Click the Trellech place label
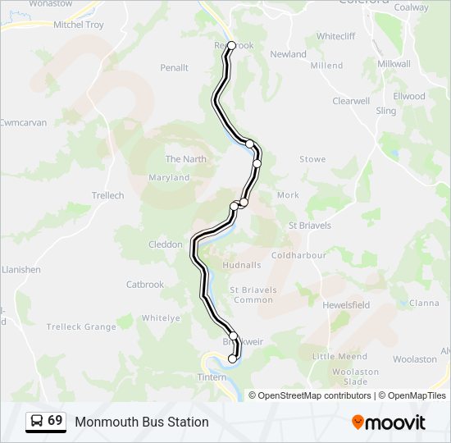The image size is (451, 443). coord(107,195)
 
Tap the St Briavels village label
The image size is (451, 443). coord(310,225)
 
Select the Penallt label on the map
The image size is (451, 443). coord(175,67)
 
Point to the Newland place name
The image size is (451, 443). coord(288,54)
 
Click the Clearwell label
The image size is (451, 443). coord(351,101)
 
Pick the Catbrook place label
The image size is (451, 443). coord(145,285)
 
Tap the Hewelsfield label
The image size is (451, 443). coord(346,304)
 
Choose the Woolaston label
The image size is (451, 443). coord(415,359)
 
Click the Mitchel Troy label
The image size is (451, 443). coord(79,25)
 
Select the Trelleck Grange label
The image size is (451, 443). coord(81,327)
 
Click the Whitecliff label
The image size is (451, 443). coord(336,36)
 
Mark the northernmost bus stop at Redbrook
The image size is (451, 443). coord(231,46)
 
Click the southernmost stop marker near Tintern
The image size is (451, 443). coord(232,359)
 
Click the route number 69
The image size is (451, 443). coord(55,421)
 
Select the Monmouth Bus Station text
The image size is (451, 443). coord(142,422)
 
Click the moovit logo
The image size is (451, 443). coord(389,422)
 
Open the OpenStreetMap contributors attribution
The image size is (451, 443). coord(314,395)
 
